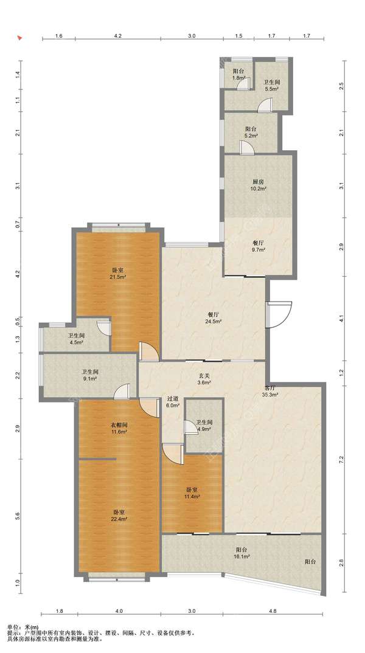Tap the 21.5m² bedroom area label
click(119, 273)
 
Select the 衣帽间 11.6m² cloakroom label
click(119, 428)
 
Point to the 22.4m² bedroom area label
click(119, 516)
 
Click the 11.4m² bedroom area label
click(192, 493)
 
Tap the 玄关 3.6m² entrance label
click(204, 379)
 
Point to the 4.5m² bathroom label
click(76, 339)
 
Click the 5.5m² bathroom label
click(271, 86)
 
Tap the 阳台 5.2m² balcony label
click(251, 133)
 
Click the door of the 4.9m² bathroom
click(190, 427)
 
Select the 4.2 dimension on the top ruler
click(118, 36)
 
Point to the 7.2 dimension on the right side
click(342, 458)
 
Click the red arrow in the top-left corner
click(19, 38)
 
